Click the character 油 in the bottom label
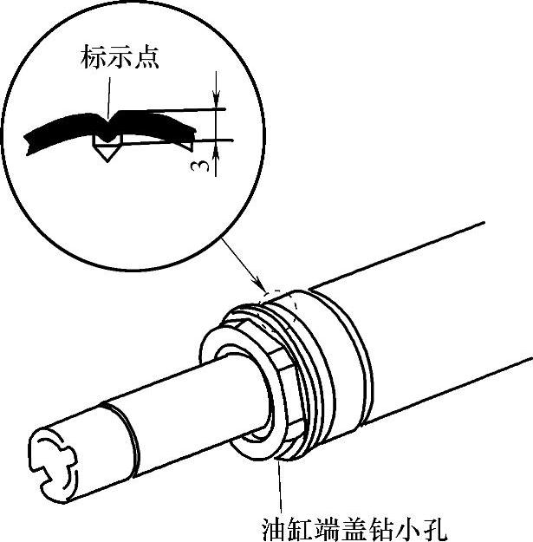click(x=273, y=527)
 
